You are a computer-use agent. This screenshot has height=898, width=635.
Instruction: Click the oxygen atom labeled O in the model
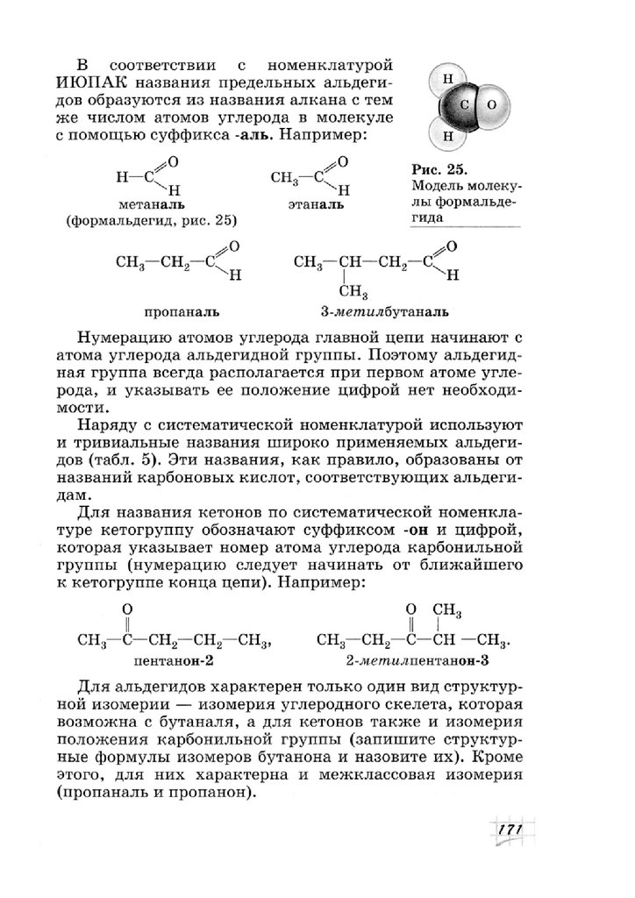coord(492,103)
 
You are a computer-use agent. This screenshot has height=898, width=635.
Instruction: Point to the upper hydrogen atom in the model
coord(448,78)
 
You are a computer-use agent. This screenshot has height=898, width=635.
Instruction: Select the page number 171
coord(507,830)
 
